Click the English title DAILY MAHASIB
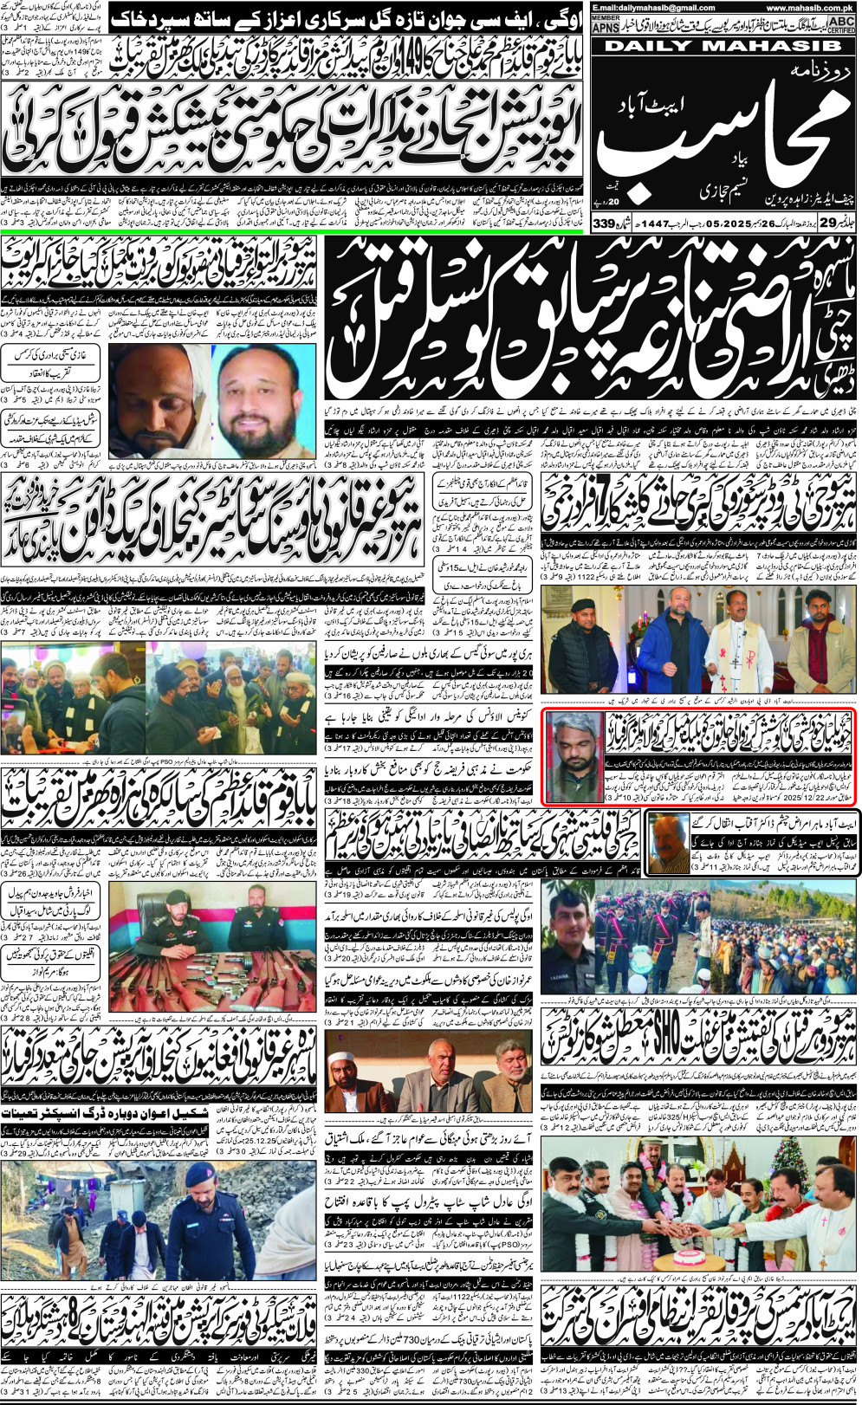tap(723, 46)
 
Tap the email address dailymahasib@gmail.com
tap(642, 8)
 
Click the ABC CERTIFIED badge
tap(840, 23)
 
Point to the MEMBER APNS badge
tap(606, 24)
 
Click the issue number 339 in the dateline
tap(604, 224)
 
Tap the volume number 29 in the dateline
tap(829, 223)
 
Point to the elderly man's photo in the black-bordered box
tap(667, 841)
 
